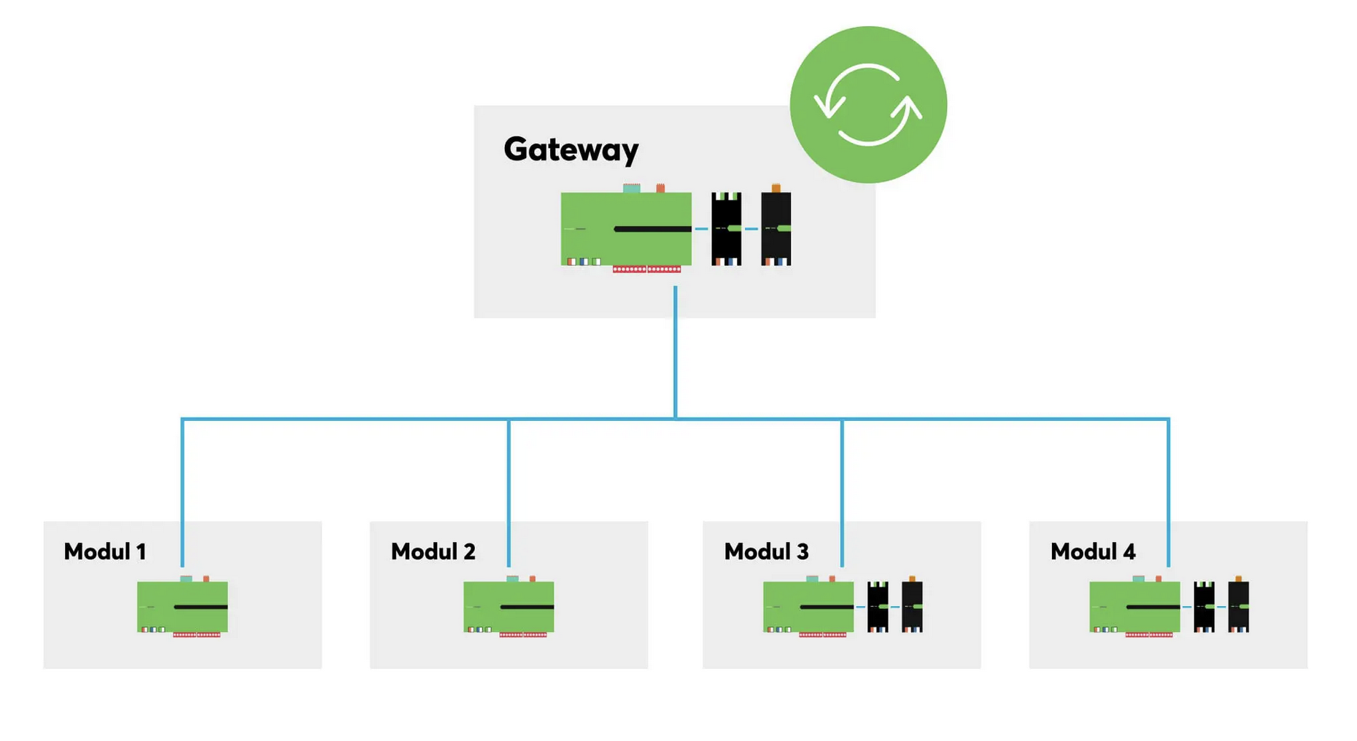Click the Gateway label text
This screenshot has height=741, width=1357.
(x=571, y=150)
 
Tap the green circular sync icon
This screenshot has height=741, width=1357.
(x=868, y=104)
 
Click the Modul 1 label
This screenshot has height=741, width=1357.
(x=105, y=551)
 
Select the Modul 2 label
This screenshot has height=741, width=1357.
(x=433, y=551)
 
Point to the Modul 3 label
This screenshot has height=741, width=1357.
(x=766, y=551)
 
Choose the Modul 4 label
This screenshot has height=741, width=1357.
(x=1093, y=551)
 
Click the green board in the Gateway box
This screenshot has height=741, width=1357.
(x=626, y=228)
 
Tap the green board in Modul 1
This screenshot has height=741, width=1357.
(x=182, y=606)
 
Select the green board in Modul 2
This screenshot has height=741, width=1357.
(x=509, y=606)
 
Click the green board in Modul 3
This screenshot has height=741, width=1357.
(x=808, y=606)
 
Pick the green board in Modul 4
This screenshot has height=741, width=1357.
(x=1134, y=606)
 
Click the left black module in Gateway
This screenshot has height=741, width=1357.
(x=727, y=229)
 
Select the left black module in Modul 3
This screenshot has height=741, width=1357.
(x=878, y=607)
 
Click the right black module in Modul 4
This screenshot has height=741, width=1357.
(x=1239, y=606)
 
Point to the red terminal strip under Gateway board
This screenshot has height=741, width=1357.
(x=646, y=269)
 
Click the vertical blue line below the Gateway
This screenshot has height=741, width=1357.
(x=676, y=352)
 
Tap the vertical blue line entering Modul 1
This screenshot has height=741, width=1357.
(x=182, y=492)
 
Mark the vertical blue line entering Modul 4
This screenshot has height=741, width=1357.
(x=1169, y=492)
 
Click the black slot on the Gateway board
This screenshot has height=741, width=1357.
(x=653, y=229)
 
